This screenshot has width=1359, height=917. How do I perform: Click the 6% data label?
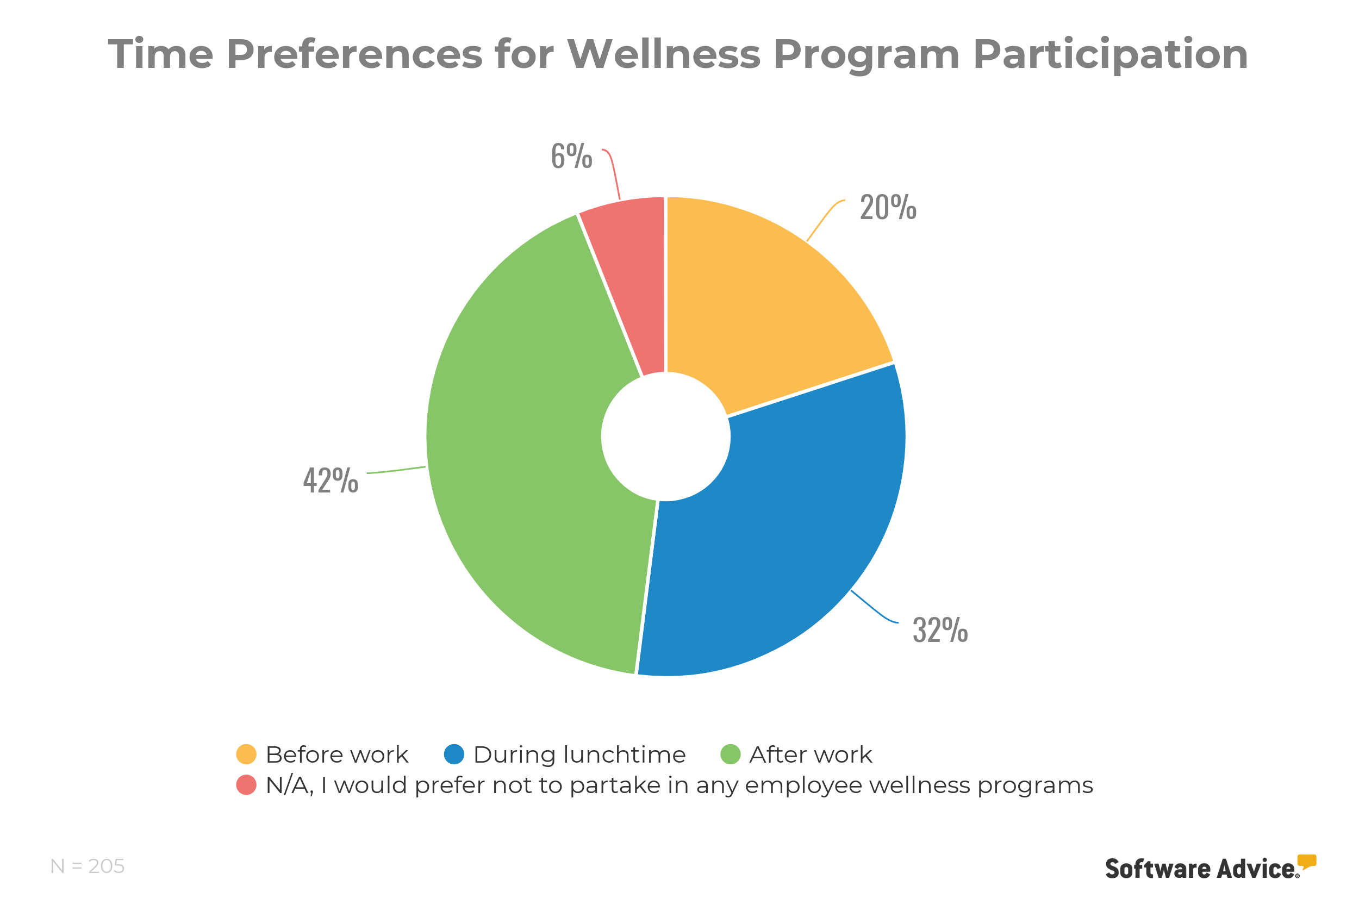pos(571,156)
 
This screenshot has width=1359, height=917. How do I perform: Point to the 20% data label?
pos(888,208)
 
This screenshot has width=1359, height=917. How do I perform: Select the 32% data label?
pos(940,630)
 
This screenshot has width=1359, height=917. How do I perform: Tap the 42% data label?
pos(331,481)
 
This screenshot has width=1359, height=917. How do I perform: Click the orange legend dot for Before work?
pos(246,754)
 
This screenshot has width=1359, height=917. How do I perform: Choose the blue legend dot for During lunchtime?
pos(454,754)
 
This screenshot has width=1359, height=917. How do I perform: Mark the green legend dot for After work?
pos(731,754)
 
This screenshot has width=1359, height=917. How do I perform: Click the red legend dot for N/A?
pos(246,785)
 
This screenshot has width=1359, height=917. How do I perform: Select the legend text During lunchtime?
pos(579,754)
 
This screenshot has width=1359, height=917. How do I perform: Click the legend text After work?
pos(811,754)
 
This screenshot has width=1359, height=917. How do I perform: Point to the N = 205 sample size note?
pos(88,866)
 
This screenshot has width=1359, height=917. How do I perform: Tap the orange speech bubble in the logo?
pos(1306,862)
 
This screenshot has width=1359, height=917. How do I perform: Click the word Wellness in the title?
pos(664,54)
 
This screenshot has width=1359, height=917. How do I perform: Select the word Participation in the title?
pos(1111,54)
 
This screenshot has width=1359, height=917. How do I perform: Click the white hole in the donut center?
pos(665,436)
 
